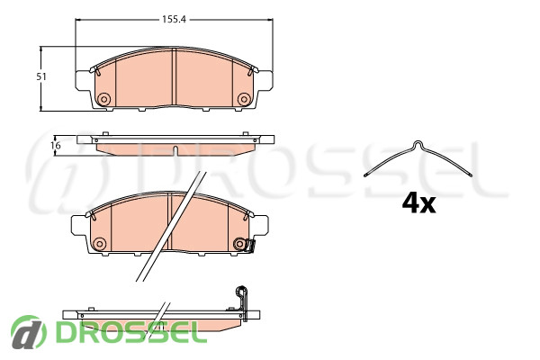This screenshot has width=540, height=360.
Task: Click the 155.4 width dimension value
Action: (174, 20)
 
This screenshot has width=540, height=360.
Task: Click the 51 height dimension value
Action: (41, 76)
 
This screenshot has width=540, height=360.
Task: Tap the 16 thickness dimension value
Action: (56, 146)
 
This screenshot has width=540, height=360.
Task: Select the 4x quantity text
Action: (418, 204)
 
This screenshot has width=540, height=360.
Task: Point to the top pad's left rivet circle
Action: (103, 99)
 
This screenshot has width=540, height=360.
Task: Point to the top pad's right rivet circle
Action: (244, 99)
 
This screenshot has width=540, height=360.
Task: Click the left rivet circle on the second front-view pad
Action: (99, 244)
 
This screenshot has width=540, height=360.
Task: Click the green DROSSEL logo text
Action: (126, 332)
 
